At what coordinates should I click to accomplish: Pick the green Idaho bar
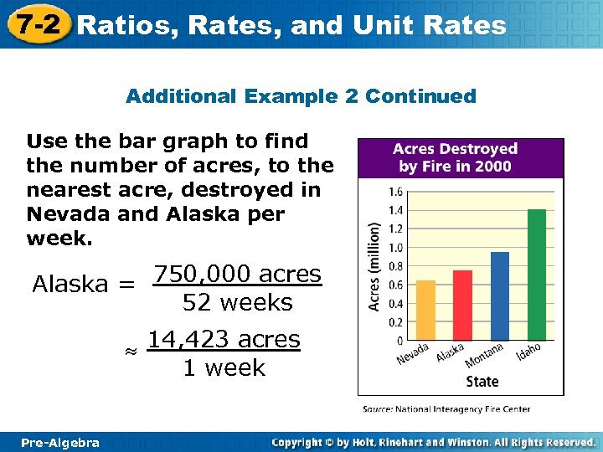pyautogui.click(x=537, y=275)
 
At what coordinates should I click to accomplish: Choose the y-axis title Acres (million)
pyautogui.click(x=376, y=266)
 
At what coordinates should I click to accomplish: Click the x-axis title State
pyautogui.click(x=482, y=382)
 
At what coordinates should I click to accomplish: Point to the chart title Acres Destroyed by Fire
pyautogui.click(x=460, y=157)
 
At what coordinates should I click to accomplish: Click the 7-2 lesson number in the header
pyautogui.click(x=36, y=24)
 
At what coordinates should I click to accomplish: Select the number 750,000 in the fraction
pyautogui.click(x=204, y=275)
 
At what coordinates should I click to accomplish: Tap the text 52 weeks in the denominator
pyautogui.click(x=237, y=303)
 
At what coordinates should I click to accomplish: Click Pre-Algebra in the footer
pyautogui.click(x=60, y=442)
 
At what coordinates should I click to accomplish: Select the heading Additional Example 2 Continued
pyautogui.click(x=301, y=96)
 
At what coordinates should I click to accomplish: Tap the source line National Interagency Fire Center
pyautogui.click(x=446, y=409)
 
